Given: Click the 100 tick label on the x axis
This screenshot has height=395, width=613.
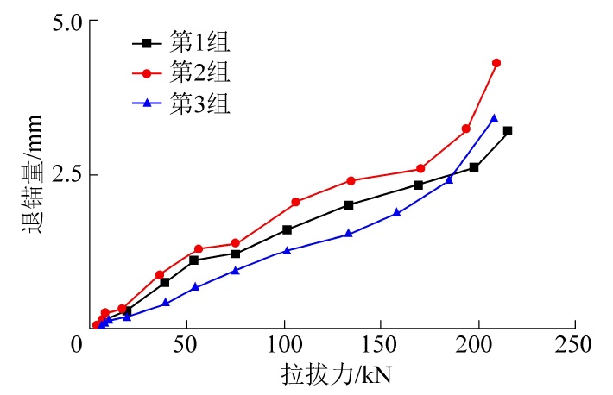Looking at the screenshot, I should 284,345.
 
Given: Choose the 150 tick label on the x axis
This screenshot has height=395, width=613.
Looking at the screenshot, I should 381,345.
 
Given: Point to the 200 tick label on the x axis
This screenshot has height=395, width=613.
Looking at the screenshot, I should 477,345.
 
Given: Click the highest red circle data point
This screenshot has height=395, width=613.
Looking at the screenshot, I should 496,63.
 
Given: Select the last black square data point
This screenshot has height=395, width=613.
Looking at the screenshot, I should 508,131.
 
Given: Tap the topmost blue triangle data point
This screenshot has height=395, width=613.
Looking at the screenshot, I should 494,118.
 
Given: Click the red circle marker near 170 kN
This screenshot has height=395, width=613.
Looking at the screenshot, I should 420,169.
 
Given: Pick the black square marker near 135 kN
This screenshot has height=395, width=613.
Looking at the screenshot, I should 349,205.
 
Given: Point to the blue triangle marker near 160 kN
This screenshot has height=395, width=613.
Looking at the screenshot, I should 397,212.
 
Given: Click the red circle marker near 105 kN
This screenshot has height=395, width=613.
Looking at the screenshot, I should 295,202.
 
